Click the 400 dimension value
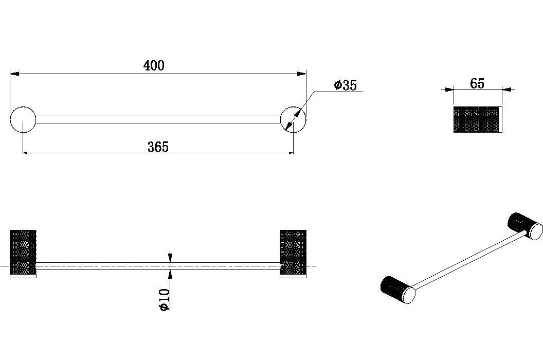(154, 65)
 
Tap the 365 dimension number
(158, 147)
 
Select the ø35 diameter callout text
(345, 85)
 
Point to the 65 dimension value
(477, 83)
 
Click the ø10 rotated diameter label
(165, 300)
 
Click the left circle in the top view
(23, 119)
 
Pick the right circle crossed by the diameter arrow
(293, 119)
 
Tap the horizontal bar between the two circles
(158, 119)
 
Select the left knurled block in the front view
(23, 252)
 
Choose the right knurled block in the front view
(293, 252)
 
